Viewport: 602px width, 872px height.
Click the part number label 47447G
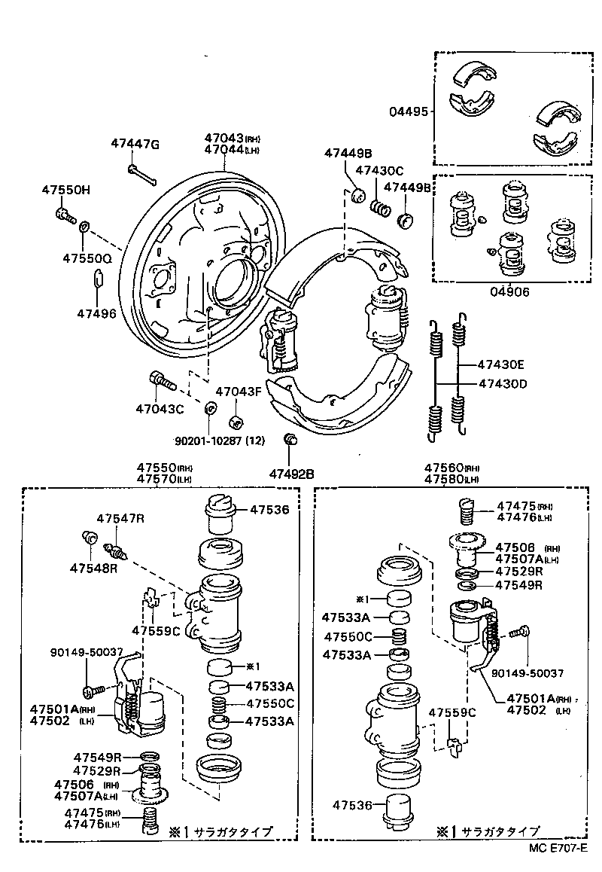point(135,144)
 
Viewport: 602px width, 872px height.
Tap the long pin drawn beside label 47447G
point(141,173)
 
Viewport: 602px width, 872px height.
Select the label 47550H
point(65,191)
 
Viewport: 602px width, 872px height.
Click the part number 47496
point(96,313)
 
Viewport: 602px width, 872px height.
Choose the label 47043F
point(239,392)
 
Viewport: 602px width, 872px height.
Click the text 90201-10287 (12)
point(220,441)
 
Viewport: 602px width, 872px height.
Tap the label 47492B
point(292,474)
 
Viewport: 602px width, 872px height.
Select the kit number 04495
point(408,111)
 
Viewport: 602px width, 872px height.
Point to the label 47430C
point(379,171)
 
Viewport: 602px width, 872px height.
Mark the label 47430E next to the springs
point(500,364)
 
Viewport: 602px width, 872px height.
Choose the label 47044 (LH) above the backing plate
point(233,150)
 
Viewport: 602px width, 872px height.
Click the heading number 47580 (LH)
point(451,479)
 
